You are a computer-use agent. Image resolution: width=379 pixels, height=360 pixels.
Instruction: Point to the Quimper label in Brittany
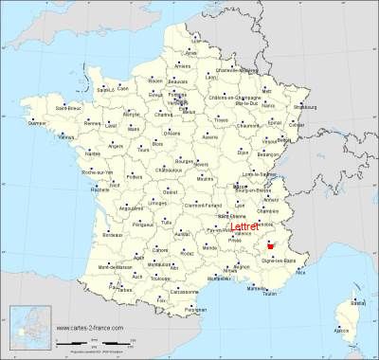click(x=38, y=122)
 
